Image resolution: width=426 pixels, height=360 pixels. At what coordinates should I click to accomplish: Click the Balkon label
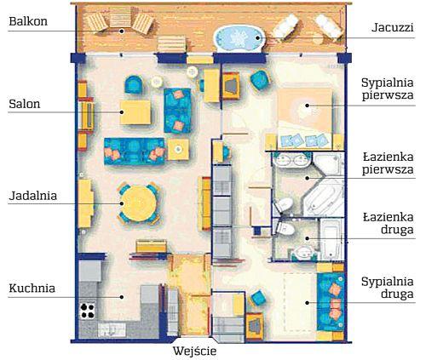pos(28,21)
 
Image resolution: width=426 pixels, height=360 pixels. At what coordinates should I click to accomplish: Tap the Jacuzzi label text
pos(393,28)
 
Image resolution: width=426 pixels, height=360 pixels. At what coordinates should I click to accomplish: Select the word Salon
pos(25,104)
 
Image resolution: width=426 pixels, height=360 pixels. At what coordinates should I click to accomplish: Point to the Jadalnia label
pos(33,196)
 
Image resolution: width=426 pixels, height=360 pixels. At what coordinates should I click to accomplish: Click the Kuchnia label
pos(32,289)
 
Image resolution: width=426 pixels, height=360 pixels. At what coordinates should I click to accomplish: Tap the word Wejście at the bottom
pos(195,351)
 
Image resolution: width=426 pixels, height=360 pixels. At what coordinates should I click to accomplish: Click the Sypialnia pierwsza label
pos(388,89)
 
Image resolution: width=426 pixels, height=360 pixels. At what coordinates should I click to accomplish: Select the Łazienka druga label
pos(389,224)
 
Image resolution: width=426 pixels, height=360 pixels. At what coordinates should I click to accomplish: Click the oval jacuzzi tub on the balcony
pos(239,38)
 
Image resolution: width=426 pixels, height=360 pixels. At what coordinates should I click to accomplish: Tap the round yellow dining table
pos(139,203)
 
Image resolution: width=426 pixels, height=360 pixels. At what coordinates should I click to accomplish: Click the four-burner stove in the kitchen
pos(88,311)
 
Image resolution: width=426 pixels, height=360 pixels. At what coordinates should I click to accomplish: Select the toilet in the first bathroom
pos(283,205)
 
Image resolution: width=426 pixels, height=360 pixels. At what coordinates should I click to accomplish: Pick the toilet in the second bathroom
pos(285,228)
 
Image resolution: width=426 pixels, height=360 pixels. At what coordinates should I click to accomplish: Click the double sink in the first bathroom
pos(291,160)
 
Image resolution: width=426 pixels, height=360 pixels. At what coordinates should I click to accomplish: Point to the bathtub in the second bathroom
pos(331,239)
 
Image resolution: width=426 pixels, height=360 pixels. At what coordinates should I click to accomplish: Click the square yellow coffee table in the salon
pos(135,112)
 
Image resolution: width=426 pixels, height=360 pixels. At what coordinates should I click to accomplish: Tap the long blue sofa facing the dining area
pos(135,151)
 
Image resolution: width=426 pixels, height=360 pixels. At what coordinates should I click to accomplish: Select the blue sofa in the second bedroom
pos(331,301)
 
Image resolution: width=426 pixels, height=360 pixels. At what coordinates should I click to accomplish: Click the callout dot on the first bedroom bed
pos(307,106)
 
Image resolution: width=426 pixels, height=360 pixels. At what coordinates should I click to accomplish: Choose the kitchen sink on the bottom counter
pos(112,329)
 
